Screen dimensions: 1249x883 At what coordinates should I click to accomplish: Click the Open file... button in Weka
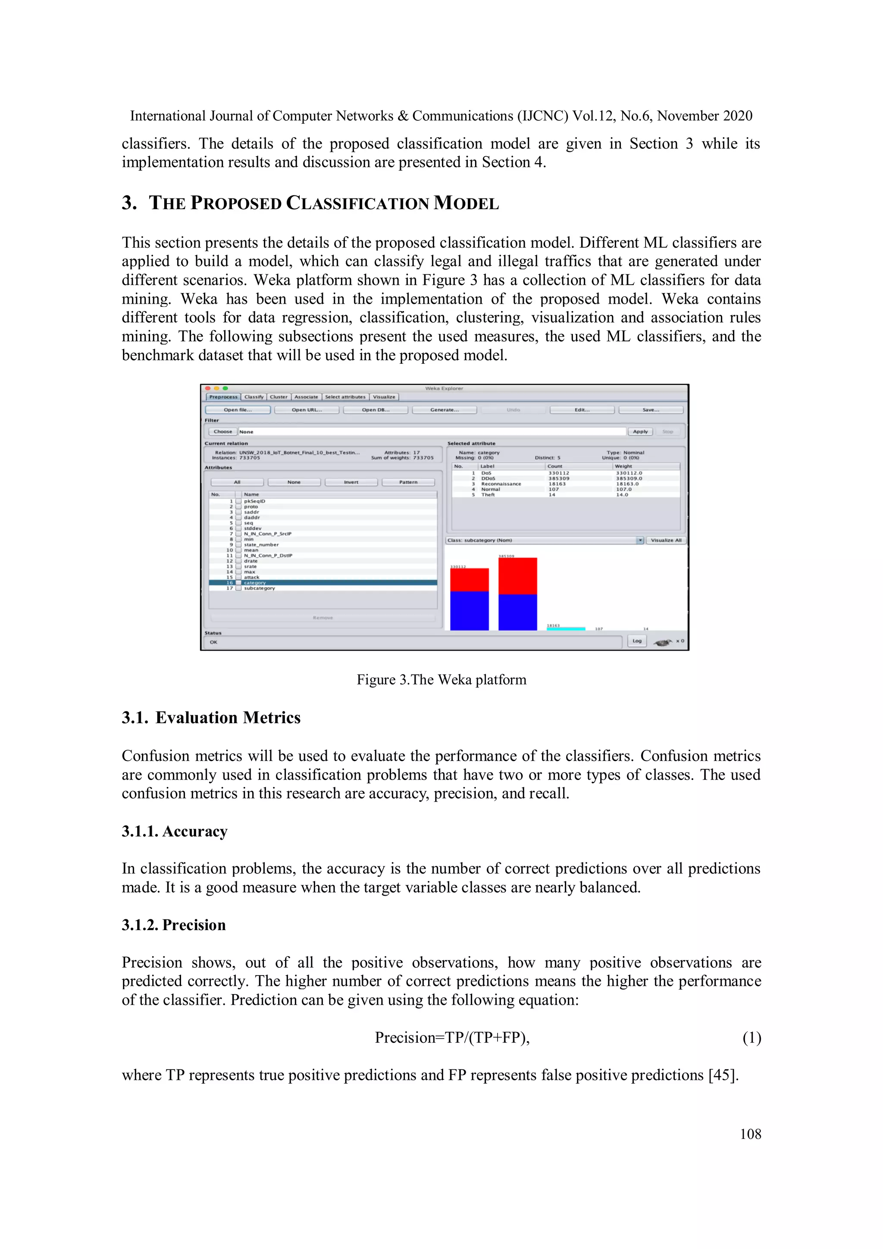[x=238, y=409]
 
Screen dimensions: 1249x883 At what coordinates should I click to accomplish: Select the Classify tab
[x=254, y=397]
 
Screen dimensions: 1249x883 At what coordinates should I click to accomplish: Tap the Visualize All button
[x=666, y=540]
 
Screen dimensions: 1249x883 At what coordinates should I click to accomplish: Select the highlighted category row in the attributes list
[x=323, y=582]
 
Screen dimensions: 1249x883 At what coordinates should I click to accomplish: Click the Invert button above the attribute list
[x=351, y=482]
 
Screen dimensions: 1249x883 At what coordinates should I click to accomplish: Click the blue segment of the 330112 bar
[x=469, y=610]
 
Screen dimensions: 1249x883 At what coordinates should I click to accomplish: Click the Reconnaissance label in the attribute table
[x=501, y=484]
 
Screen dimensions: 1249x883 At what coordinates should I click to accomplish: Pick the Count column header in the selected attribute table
[x=555, y=466]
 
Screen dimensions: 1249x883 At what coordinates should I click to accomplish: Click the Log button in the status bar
[x=637, y=641]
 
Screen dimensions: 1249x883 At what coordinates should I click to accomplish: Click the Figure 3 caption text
[x=441, y=680]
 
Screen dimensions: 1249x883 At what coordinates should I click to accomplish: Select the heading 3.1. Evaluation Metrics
[x=211, y=717]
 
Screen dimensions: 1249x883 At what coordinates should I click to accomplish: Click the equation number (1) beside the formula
[x=751, y=1038]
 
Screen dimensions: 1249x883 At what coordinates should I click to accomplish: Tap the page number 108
[x=750, y=1134]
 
